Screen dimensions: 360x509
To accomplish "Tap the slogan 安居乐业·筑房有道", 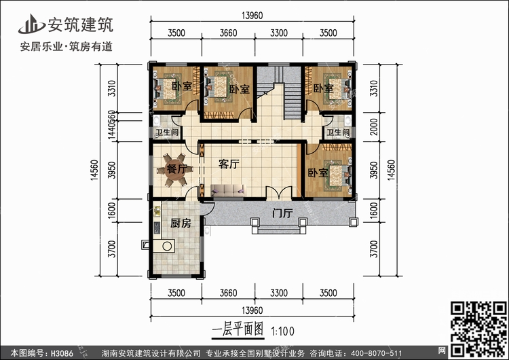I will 67,48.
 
